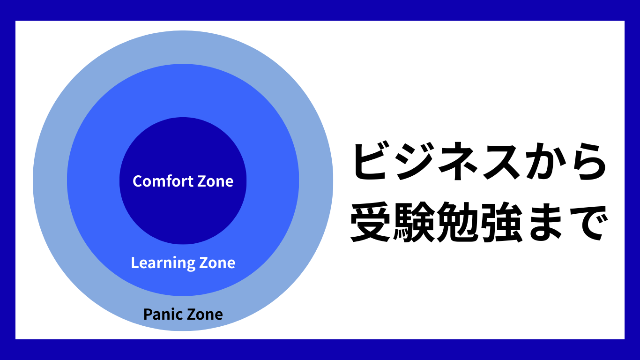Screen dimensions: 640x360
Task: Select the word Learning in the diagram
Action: pyautogui.click(x=163, y=263)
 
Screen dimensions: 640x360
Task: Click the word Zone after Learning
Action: pyautogui.click(x=217, y=263)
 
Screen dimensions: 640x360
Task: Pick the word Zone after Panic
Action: pyautogui.click(x=205, y=315)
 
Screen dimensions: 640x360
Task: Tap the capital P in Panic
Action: pyautogui.click(x=148, y=314)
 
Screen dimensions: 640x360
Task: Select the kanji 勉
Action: pyautogui.click(x=456, y=222)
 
